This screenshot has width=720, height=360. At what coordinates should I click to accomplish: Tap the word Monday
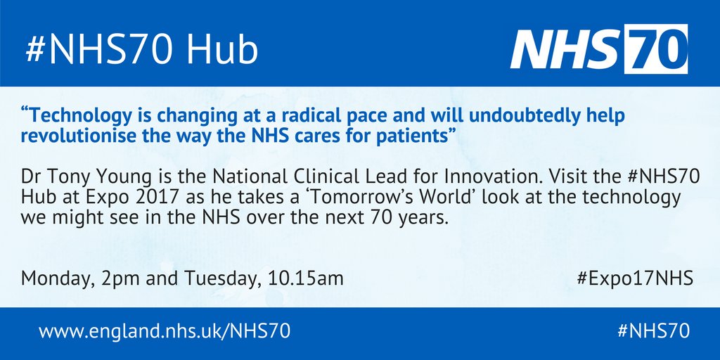click(x=53, y=279)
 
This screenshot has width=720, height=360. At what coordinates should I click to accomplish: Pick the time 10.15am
click(x=306, y=279)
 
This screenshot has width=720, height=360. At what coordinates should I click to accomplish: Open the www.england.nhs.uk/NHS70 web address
click(x=165, y=330)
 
